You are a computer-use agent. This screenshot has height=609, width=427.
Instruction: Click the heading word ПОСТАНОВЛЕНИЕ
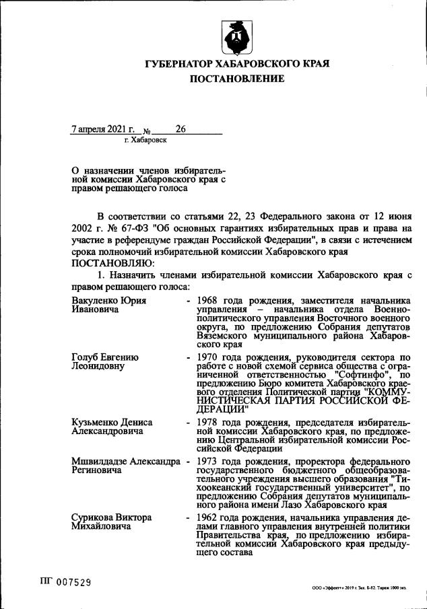coord(236,79)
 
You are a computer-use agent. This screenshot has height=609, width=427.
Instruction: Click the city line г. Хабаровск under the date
coord(146,140)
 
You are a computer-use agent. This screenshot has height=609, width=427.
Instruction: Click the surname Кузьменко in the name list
coord(100,423)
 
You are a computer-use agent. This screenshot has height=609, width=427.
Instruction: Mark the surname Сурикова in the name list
coord(94,517)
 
